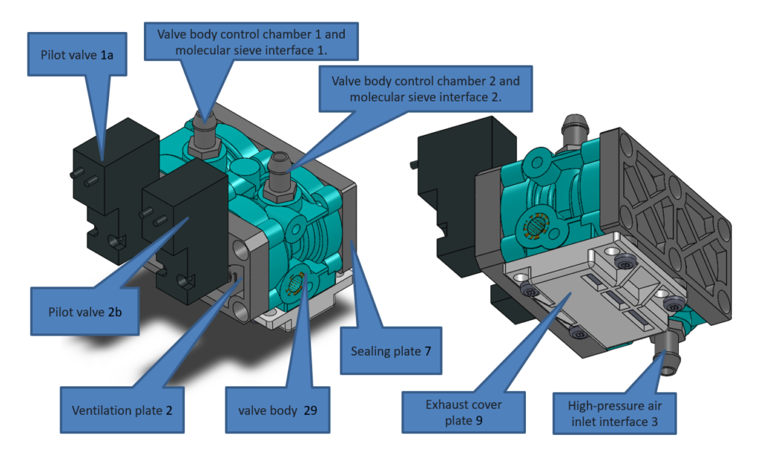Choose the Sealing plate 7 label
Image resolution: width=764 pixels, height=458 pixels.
390,350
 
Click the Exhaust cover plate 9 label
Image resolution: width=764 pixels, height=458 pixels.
463,412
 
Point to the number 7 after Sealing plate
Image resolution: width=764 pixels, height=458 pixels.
428,350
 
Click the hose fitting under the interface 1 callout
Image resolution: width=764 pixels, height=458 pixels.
202,132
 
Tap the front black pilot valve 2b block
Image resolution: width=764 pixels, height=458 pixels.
183,224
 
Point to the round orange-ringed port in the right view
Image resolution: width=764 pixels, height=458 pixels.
535,225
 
